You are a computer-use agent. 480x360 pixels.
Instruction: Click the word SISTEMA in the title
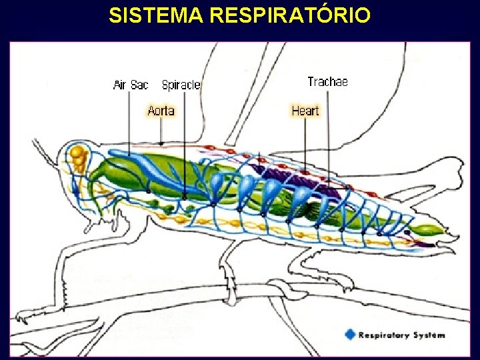(x=156, y=15)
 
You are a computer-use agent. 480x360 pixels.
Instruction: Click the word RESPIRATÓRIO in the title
(x=289, y=15)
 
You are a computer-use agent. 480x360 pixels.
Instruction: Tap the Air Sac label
(x=131, y=85)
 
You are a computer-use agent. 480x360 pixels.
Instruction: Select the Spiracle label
(x=181, y=85)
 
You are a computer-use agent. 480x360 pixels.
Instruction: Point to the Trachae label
(x=328, y=82)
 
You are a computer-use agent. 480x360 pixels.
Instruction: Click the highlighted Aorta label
(x=161, y=111)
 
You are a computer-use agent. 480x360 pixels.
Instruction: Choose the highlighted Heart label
(x=305, y=111)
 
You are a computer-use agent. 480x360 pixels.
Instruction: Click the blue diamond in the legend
(x=351, y=335)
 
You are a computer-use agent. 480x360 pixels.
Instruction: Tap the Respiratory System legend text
(x=403, y=335)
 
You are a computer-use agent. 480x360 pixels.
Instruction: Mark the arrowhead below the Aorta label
(x=161, y=141)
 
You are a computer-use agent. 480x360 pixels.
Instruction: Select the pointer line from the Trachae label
(x=328, y=133)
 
